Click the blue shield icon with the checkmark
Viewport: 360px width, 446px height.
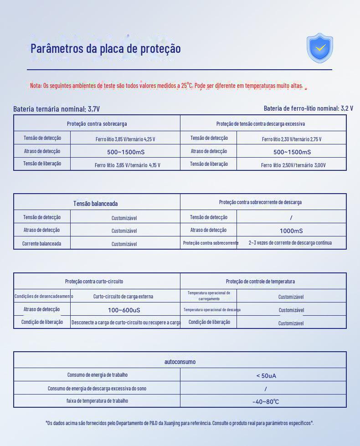[x=320, y=48]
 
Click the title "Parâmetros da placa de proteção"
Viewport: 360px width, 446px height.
[x=106, y=48]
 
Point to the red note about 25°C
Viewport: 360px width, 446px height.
[x=166, y=86]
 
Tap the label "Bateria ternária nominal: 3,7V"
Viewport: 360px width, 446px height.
[x=57, y=109]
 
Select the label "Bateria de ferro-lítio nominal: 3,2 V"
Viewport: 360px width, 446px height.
[x=308, y=108]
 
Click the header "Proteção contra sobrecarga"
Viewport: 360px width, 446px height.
[x=97, y=123]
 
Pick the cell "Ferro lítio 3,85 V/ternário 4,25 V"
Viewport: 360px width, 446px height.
[x=125, y=139]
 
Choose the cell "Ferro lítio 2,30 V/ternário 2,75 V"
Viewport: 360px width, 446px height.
[x=292, y=139]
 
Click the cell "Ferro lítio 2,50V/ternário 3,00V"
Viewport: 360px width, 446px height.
[x=293, y=165]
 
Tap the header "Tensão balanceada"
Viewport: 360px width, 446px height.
[x=96, y=204]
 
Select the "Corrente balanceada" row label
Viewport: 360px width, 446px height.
[x=41, y=244]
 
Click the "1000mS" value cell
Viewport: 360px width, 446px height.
[x=291, y=231]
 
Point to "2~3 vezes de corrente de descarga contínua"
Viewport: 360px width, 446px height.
[x=290, y=243]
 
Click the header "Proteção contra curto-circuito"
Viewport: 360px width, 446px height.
[x=94, y=282]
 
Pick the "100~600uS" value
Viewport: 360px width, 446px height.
[x=124, y=310]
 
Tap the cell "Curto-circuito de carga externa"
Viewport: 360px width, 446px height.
[x=123, y=297]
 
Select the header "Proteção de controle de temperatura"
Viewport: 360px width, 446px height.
[x=260, y=282]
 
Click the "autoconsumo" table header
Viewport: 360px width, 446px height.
[x=180, y=362]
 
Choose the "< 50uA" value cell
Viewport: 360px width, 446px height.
[x=266, y=376]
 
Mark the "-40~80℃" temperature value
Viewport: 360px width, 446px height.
[x=266, y=402]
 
